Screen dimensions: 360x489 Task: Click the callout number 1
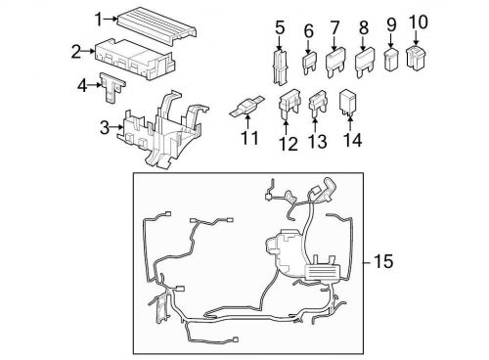(99, 19)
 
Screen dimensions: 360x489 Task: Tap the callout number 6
(308, 29)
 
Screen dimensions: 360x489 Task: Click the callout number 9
(390, 22)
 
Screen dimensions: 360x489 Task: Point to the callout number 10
(418, 20)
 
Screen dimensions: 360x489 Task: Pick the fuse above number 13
(317, 103)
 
